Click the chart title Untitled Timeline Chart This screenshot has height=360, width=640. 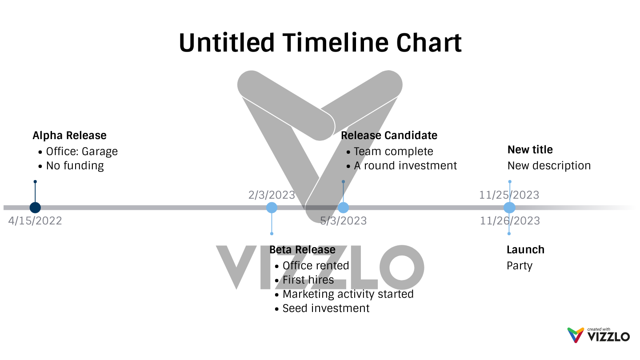click(320, 43)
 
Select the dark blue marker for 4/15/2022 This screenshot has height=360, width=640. click(35, 208)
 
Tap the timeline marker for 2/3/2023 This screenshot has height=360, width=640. click(272, 208)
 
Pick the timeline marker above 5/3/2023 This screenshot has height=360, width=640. click(343, 208)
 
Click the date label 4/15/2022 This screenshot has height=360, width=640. click(35, 221)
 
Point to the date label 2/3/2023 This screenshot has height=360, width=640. click(272, 195)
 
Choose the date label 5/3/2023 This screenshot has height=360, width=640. click(344, 221)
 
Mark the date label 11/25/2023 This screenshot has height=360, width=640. click(509, 195)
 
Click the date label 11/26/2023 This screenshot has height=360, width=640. click(510, 221)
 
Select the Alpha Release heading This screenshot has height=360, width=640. click(70, 136)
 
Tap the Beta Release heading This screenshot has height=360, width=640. click(302, 250)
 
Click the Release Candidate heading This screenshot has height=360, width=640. click(389, 136)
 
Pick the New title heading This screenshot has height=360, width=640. click(530, 150)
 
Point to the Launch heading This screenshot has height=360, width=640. click(525, 250)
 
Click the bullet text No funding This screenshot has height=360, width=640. click(75, 166)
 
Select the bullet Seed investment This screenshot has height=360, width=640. click(326, 308)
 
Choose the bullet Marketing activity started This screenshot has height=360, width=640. click(348, 294)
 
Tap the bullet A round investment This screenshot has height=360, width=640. click(405, 166)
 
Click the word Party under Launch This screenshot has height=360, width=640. click(520, 266)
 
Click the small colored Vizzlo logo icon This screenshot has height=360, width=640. click(576, 335)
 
